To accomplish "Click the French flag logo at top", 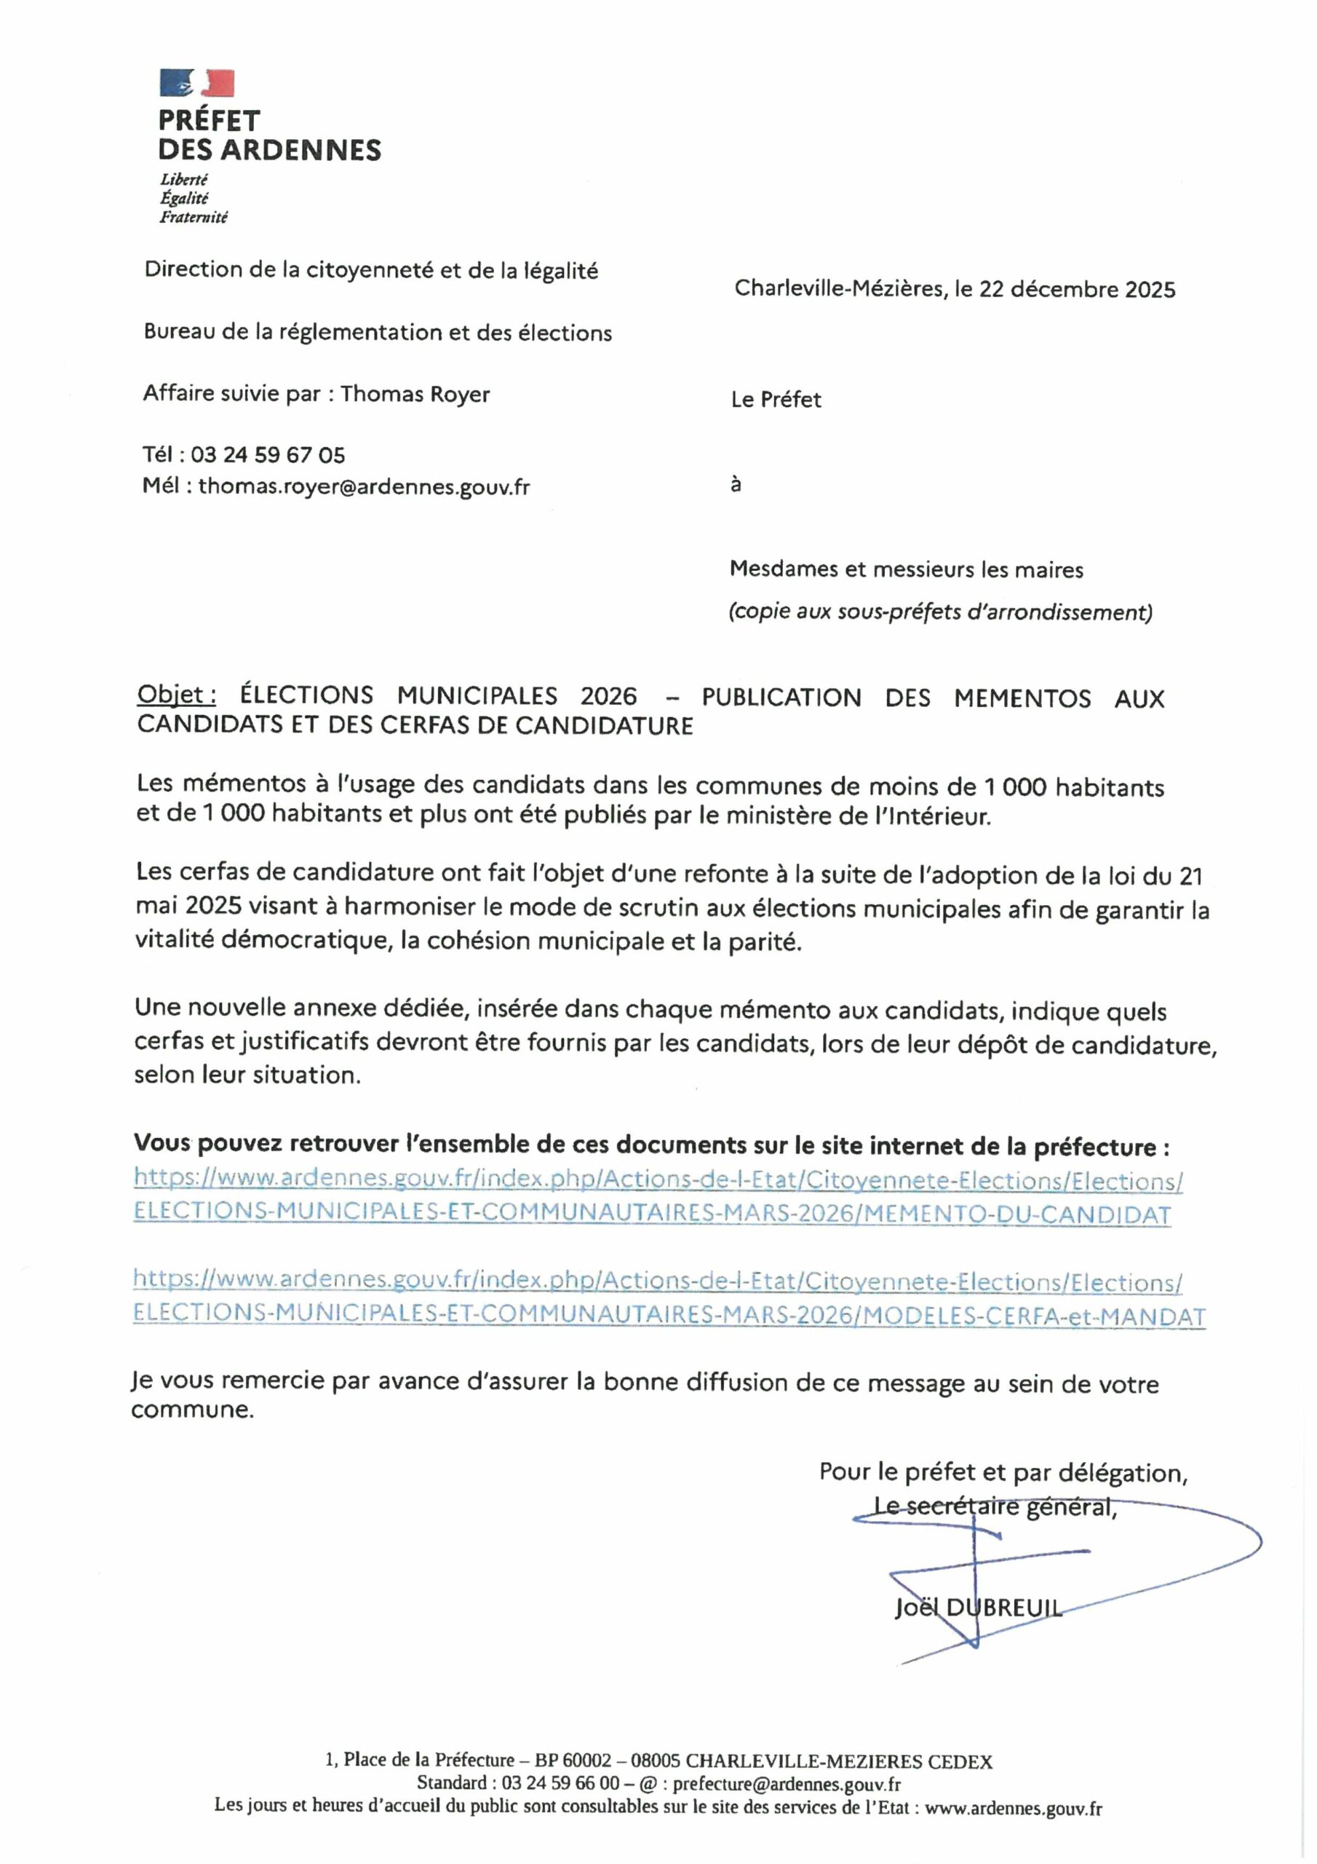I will pyautogui.click(x=197, y=82).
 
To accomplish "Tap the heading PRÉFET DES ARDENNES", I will pyautogui.click(x=268, y=135).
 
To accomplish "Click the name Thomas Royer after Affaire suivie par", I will pyautogui.click(x=415, y=395).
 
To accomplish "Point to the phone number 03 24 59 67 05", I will pyautogui.click(x=268, y=454).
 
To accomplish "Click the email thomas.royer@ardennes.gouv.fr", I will pyautogui.click(x=364, y=487).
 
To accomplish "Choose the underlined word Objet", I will pyautogui.click(x=176, y=695).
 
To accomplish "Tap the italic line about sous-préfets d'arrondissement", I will pyautogui.click(x=939, y=612).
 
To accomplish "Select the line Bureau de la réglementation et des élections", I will pyautogui.click(x=378, y=332).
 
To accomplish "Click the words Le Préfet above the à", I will pyautogui.click(x=776, y=400).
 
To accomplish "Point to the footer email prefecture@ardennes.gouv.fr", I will pyautogui.click(x=787, y=1784).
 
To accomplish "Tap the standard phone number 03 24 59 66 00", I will pyautogui.click(x=560, y=1784).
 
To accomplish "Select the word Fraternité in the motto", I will pyautogui.click(x=193, y=217).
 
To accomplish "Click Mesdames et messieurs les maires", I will pyautogui.click(x=907, y=570).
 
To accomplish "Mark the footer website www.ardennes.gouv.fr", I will pyautogui.click(x=1014, y=1807).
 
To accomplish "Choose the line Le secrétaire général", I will pyautogui.click(x=995, y=1506).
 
